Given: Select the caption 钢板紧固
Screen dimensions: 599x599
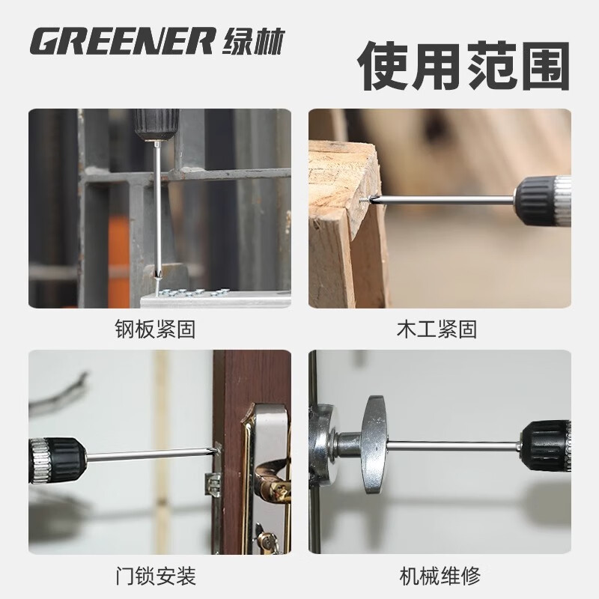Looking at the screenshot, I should pyautogui.click(x=159, y=329).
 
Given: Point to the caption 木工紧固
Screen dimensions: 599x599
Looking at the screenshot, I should pyautogui.click(x=440, y=329).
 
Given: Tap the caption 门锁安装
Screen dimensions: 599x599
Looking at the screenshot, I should pyautogui.click(x=159, y=576).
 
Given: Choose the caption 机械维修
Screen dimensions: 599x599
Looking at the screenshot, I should pyautogui.click(x=440, y=576).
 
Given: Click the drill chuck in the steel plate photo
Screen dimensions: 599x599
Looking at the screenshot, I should pyautogui.click(x=153, y=124).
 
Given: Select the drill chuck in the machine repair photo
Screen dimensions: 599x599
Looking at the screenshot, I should pyautogui.click(x=546, y=446).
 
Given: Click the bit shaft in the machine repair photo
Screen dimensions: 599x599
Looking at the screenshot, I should pyautogui.click(x=457, y=446).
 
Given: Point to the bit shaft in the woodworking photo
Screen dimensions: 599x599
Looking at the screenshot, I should pyautogui.click(x=442, y=200).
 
